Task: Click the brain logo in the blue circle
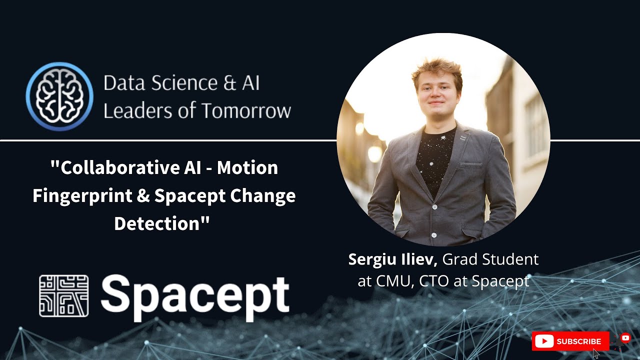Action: coord(59,96)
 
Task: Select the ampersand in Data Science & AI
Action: coord(229,83)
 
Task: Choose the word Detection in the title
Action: coord(156,223)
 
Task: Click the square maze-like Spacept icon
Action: coord(63,295)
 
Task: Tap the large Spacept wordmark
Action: coord(195,297)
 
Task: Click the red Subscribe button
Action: coord(570,341)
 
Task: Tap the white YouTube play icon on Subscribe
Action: coord(544,341)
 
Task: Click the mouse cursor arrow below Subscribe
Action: coord(595,353)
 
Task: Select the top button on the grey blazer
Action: coord(434,206)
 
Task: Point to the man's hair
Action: coord(436,72)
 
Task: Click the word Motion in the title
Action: coord(247,167)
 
